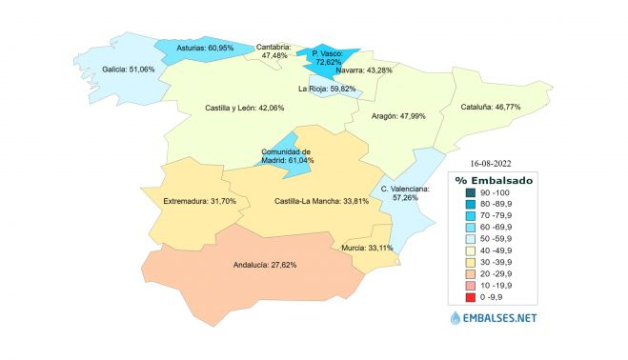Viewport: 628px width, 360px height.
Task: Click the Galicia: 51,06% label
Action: tap(128, 70)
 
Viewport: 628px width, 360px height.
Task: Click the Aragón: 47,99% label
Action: tap(398, 116)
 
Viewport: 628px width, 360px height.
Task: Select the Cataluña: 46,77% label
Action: tap(491, 109)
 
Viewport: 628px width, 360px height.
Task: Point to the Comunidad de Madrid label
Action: tap(287, 156)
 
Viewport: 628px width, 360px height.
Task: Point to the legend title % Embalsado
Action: tap(495, 180)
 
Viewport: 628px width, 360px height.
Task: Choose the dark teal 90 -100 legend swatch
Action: tap(459, 193)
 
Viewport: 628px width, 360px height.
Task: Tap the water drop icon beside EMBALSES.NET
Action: tap(454, 319)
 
